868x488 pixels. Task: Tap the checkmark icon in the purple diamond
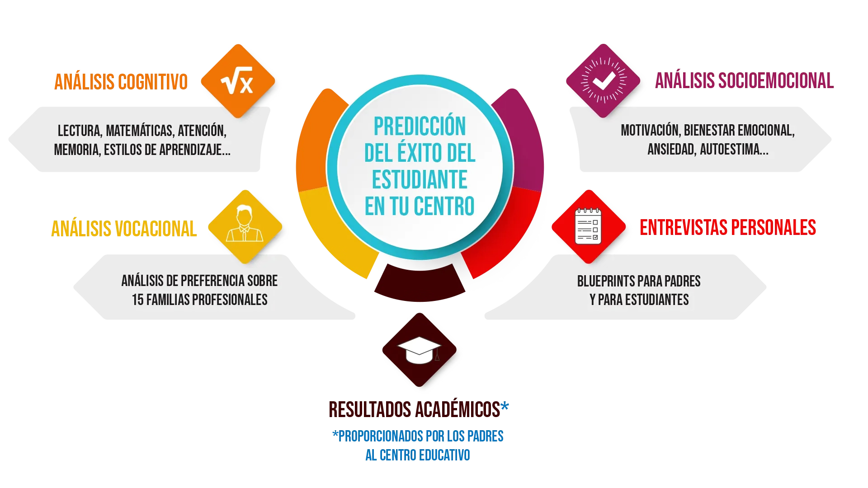[x=603, y=82]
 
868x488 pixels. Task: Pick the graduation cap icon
[x=420, y=348]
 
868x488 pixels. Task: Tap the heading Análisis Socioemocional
[x=744, y=81]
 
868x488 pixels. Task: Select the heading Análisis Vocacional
[x=124, y=229]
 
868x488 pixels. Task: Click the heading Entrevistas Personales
[x=728, y=227]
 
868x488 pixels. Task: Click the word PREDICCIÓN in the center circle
[x=420, y=127]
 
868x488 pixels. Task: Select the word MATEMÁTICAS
[x=140, y=131]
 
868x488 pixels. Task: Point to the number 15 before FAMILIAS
[x=138, y=300]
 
